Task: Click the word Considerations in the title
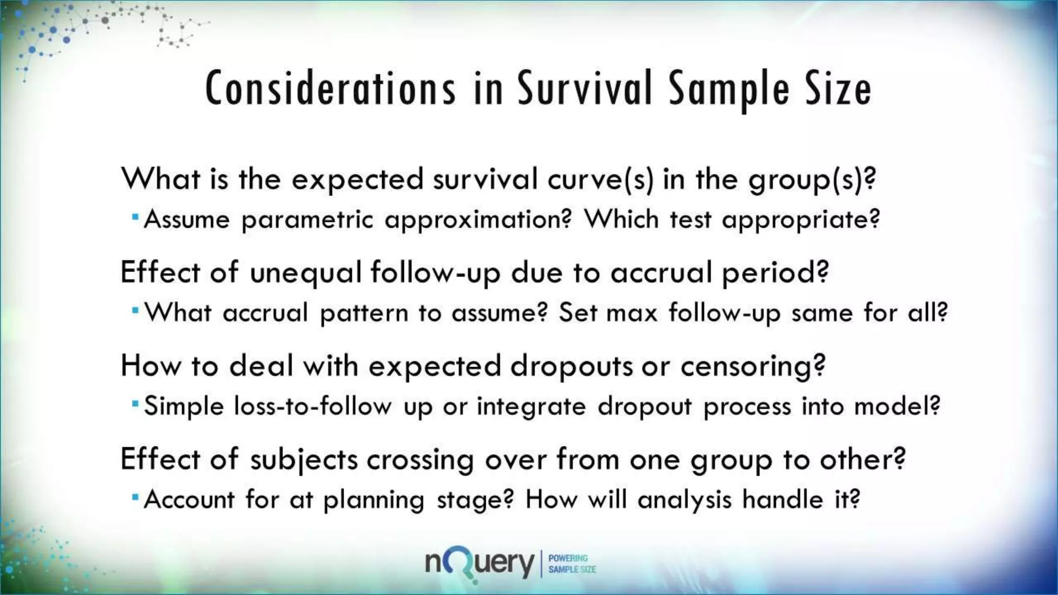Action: tap(331, 89)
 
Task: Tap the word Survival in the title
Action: tap(585, 89)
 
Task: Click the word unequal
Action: tap(305, 272)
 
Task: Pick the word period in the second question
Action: tap(775, 272)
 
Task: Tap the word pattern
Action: tap(364, 314)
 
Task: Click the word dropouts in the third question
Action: tap(571, 366)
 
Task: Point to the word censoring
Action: tap(753, 366)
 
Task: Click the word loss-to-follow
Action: tap(313, 406)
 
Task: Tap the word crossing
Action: tap(420, 460)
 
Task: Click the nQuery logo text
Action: tap(479, 564)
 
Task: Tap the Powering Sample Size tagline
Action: tap(571, 564)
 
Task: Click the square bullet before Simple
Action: tap(135, 403)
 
